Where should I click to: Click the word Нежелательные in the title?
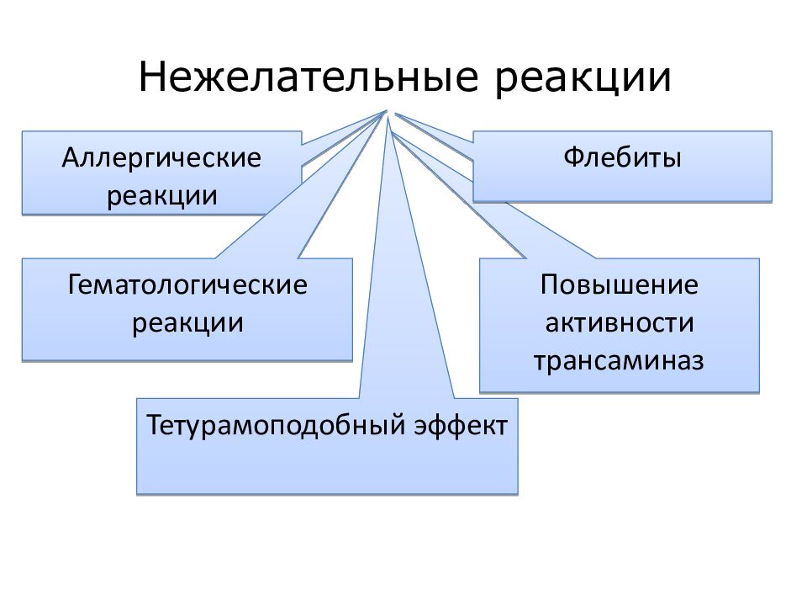309,77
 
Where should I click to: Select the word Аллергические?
161,158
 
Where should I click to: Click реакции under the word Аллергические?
161,196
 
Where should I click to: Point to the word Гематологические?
187,285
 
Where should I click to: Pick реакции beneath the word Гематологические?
187,323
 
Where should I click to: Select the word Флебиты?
622,157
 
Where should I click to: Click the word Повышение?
620,285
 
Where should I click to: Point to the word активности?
620,323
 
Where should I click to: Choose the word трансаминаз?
619,361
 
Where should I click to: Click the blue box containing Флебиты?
622,167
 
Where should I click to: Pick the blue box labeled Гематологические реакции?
187,309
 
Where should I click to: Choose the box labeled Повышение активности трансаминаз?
620,325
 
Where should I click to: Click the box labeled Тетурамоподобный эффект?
327,446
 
